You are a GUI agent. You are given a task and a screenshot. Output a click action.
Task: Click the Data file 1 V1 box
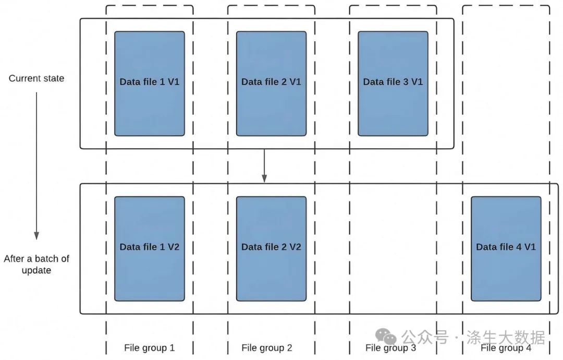(150, 83)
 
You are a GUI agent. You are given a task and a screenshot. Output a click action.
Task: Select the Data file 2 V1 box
(271, 83)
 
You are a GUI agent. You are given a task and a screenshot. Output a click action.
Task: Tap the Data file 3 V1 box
(393, 83)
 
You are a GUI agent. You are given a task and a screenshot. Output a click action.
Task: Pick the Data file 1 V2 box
(150, 248)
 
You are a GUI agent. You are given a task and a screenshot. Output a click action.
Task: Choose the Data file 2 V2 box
(271, 248)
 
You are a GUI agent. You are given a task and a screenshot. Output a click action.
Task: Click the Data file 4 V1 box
(506, 248)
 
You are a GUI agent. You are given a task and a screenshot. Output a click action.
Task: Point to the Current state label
(36, 78)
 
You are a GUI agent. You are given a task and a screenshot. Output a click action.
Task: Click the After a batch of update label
(36, 264)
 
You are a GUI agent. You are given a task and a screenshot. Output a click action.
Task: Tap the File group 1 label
(149, 347)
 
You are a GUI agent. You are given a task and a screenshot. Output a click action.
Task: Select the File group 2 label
(267, 347)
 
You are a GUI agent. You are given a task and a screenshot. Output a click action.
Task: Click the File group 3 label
(390, 348)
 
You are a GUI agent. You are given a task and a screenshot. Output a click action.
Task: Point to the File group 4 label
(506, 348)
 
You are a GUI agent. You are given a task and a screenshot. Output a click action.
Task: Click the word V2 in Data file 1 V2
(172, 247)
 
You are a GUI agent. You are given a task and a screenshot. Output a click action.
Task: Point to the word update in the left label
(36, 270)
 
